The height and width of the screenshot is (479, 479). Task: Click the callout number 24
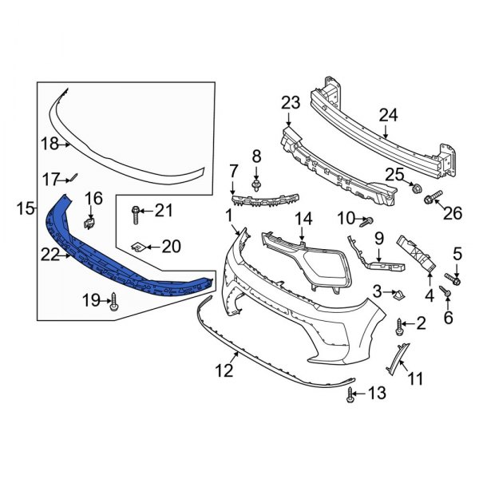pos(387,115)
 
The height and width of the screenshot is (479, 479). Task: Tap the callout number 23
pos(290,102)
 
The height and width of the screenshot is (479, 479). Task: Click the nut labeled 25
pos(415,188)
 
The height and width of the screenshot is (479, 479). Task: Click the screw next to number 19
pos(117,301)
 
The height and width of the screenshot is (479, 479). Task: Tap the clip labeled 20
pos(138,247)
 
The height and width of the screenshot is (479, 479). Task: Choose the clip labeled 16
pos(91,216)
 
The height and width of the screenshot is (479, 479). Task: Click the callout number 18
pos(49,144)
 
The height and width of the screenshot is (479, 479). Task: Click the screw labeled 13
pos(352,393)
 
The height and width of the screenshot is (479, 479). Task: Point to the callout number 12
pos(224,370)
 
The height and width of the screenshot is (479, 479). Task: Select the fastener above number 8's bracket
pos(257,186)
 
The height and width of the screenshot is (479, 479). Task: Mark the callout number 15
pos(25,209)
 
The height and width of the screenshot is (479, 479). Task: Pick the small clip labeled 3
pos(397,296)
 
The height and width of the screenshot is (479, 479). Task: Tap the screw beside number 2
pos(400,324)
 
